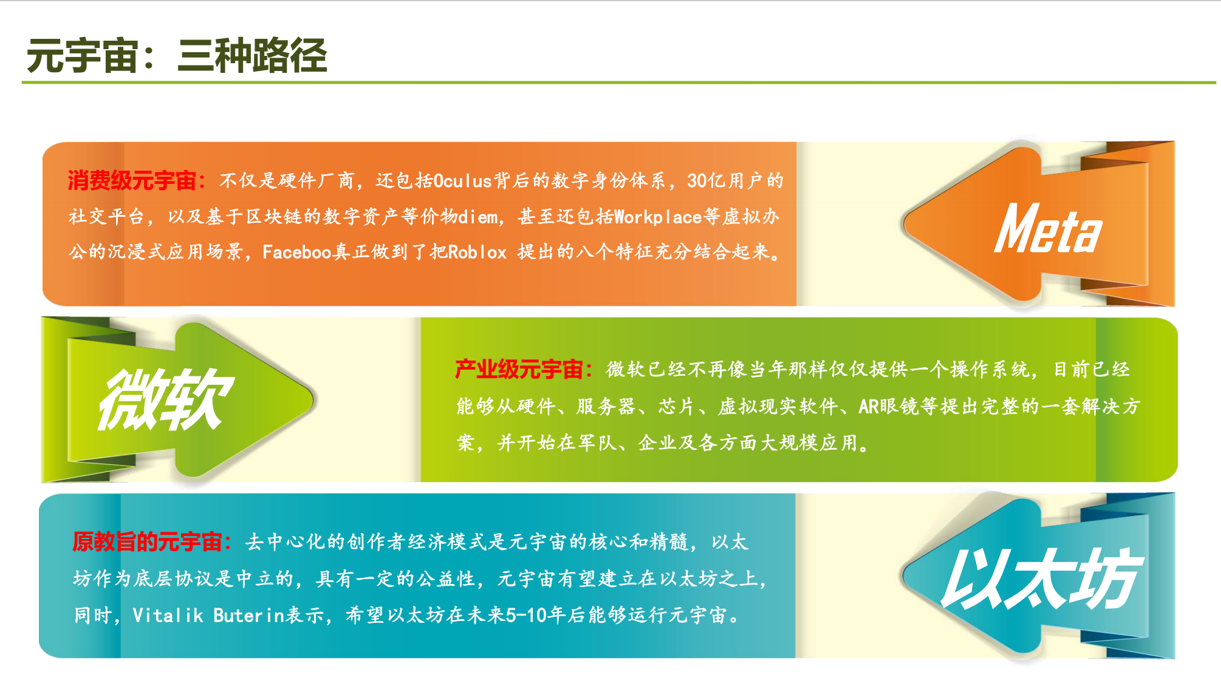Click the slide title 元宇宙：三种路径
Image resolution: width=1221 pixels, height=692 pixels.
coord(177,56)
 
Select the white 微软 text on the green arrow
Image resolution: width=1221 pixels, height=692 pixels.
coord(166,399)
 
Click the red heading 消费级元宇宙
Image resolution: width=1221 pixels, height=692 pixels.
coord(132,180)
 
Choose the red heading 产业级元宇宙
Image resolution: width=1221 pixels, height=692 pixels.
coord(519,369)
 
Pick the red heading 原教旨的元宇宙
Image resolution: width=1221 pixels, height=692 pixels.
coord(147,541)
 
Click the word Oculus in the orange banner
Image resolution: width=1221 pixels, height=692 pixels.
coord(462,181)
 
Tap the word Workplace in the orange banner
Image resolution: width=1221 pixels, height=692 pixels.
coord(658,217)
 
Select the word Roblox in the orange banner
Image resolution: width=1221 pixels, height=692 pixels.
coord(477,252)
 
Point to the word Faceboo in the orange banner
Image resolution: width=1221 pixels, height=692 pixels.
coord(296,252)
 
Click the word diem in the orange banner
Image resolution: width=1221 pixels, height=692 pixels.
coord(478,217)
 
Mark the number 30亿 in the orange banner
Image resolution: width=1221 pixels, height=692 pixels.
coord(707,181)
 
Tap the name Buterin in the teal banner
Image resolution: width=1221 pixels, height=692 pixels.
coord(249,615)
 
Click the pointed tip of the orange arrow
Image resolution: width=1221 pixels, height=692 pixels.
coord(904,223)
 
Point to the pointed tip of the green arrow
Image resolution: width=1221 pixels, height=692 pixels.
coord(313,399)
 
